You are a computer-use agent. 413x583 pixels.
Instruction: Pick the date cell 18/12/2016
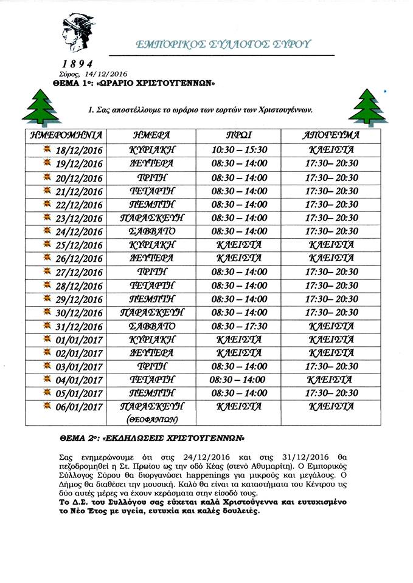75,150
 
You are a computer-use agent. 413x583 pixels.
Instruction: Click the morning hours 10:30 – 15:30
239,149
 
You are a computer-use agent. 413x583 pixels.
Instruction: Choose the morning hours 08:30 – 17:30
239,326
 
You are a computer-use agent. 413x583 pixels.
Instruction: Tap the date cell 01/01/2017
75,340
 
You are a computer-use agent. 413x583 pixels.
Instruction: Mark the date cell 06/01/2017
75,407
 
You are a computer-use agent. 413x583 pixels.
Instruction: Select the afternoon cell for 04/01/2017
331,380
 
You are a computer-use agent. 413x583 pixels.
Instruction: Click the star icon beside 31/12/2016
47,326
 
